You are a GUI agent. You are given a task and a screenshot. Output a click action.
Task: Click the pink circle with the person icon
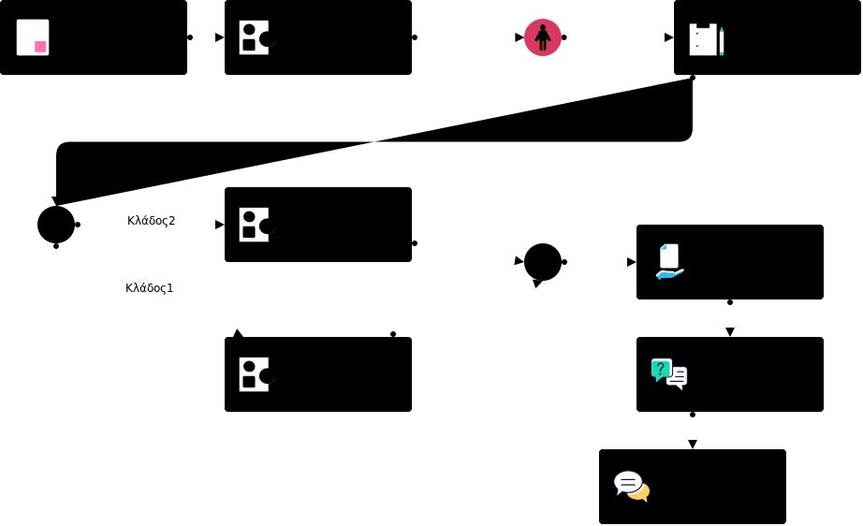point(543,37)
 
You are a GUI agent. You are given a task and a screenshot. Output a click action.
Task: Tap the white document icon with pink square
point(33,37)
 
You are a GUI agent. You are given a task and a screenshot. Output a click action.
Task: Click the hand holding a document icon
point(669,262)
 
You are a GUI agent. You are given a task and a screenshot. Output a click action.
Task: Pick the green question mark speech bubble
point(661,369)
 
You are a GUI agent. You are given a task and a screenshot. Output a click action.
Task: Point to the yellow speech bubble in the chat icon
point(640,492)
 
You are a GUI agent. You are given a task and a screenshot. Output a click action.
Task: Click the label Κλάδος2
point(152,221)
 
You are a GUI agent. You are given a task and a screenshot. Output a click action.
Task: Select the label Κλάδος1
point(150,288)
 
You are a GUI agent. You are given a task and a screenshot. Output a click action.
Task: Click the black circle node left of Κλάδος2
point(56,225)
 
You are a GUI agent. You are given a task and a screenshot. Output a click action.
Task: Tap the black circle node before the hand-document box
point(543,262)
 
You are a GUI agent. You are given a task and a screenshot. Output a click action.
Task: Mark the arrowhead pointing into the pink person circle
point(519,37)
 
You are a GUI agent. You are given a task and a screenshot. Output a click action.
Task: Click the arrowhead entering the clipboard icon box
point(669,37)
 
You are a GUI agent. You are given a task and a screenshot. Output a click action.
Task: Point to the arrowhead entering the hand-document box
point(632,262)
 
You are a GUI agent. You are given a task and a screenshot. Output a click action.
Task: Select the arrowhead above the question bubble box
point(730,332)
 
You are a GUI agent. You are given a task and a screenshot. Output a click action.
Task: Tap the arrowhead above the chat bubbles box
point(693,445)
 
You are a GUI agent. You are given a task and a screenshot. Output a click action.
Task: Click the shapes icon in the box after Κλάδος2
point(255,225)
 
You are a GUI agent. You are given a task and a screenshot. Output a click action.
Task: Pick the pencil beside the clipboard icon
point(722,41)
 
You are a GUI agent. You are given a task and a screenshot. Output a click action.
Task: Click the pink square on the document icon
point(40,47)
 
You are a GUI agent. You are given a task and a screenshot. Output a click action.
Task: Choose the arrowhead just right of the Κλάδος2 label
point(220,225)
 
